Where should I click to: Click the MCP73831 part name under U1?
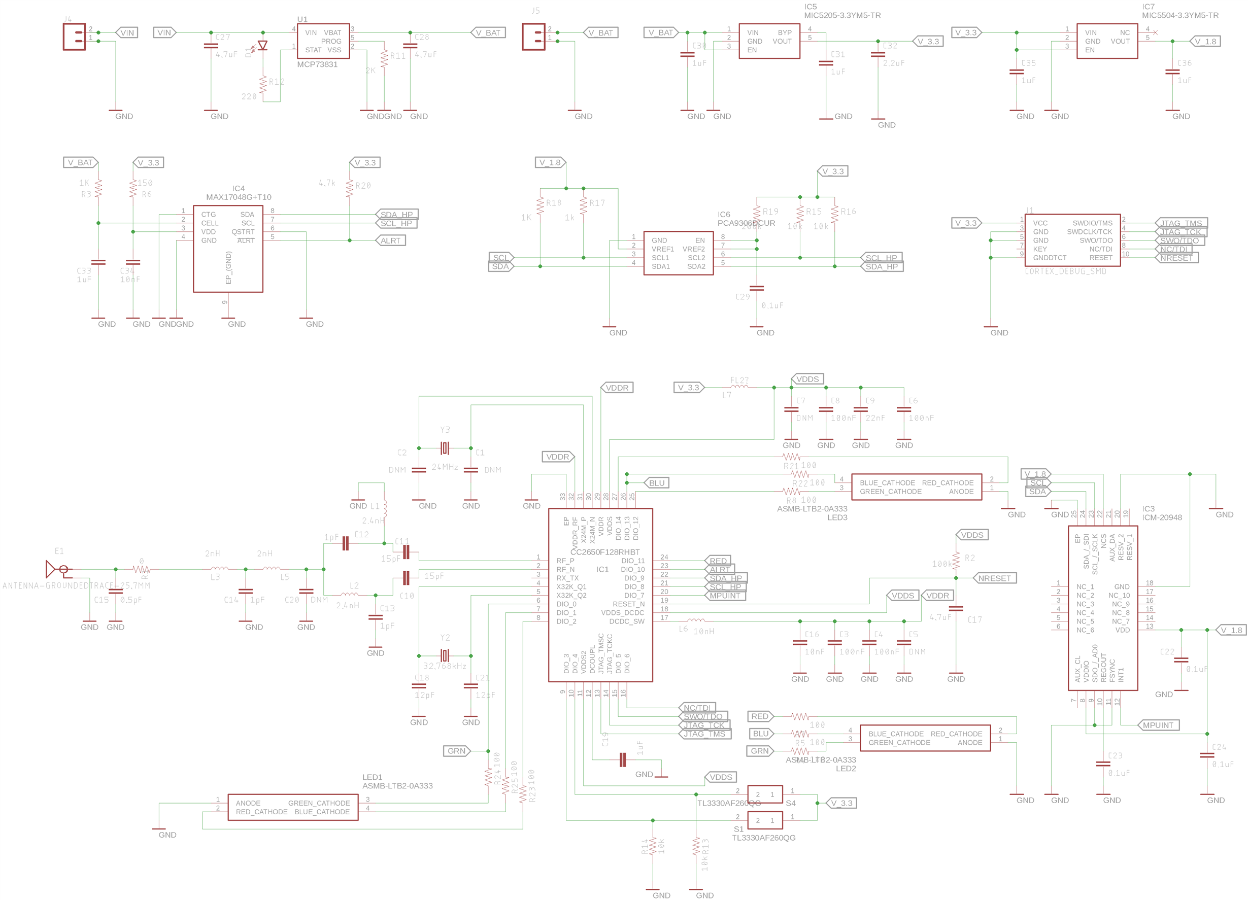(317, 64)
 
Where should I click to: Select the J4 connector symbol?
(74, 37)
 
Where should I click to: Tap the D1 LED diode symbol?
(263, 46)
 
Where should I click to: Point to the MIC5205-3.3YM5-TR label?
(842, 15)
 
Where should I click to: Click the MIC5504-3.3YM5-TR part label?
(1180, 15)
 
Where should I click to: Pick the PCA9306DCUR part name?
(746, 223)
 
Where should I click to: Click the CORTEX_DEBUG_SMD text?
(1065, 271)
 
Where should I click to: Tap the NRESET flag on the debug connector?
(1176, 258)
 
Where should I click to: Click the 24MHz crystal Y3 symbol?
(445, 448)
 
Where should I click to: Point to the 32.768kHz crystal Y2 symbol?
(445, 655)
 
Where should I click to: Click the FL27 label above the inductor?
(739, 380)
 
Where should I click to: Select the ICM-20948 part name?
(1162, 517)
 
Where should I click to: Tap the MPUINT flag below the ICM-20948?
(1158, 725)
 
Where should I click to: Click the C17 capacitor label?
(974, 620)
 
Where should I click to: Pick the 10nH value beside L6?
(704, 632)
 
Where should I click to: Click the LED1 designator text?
(372, 777)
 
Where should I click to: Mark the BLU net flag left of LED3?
(656, 483)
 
